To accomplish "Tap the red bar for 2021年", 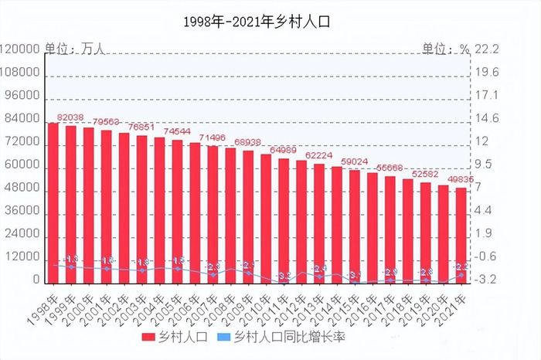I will (461, 235).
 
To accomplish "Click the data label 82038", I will (71, 117).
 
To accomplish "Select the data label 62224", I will (318, 155).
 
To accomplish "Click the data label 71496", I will (213, 138).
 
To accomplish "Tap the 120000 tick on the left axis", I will (21, 49).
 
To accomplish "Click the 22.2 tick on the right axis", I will (488, 49).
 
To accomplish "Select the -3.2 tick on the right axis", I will (488, 280).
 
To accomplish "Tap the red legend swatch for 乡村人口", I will (149, 338).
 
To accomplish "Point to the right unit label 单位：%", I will (445, 49).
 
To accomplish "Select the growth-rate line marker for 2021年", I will (461, 274).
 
